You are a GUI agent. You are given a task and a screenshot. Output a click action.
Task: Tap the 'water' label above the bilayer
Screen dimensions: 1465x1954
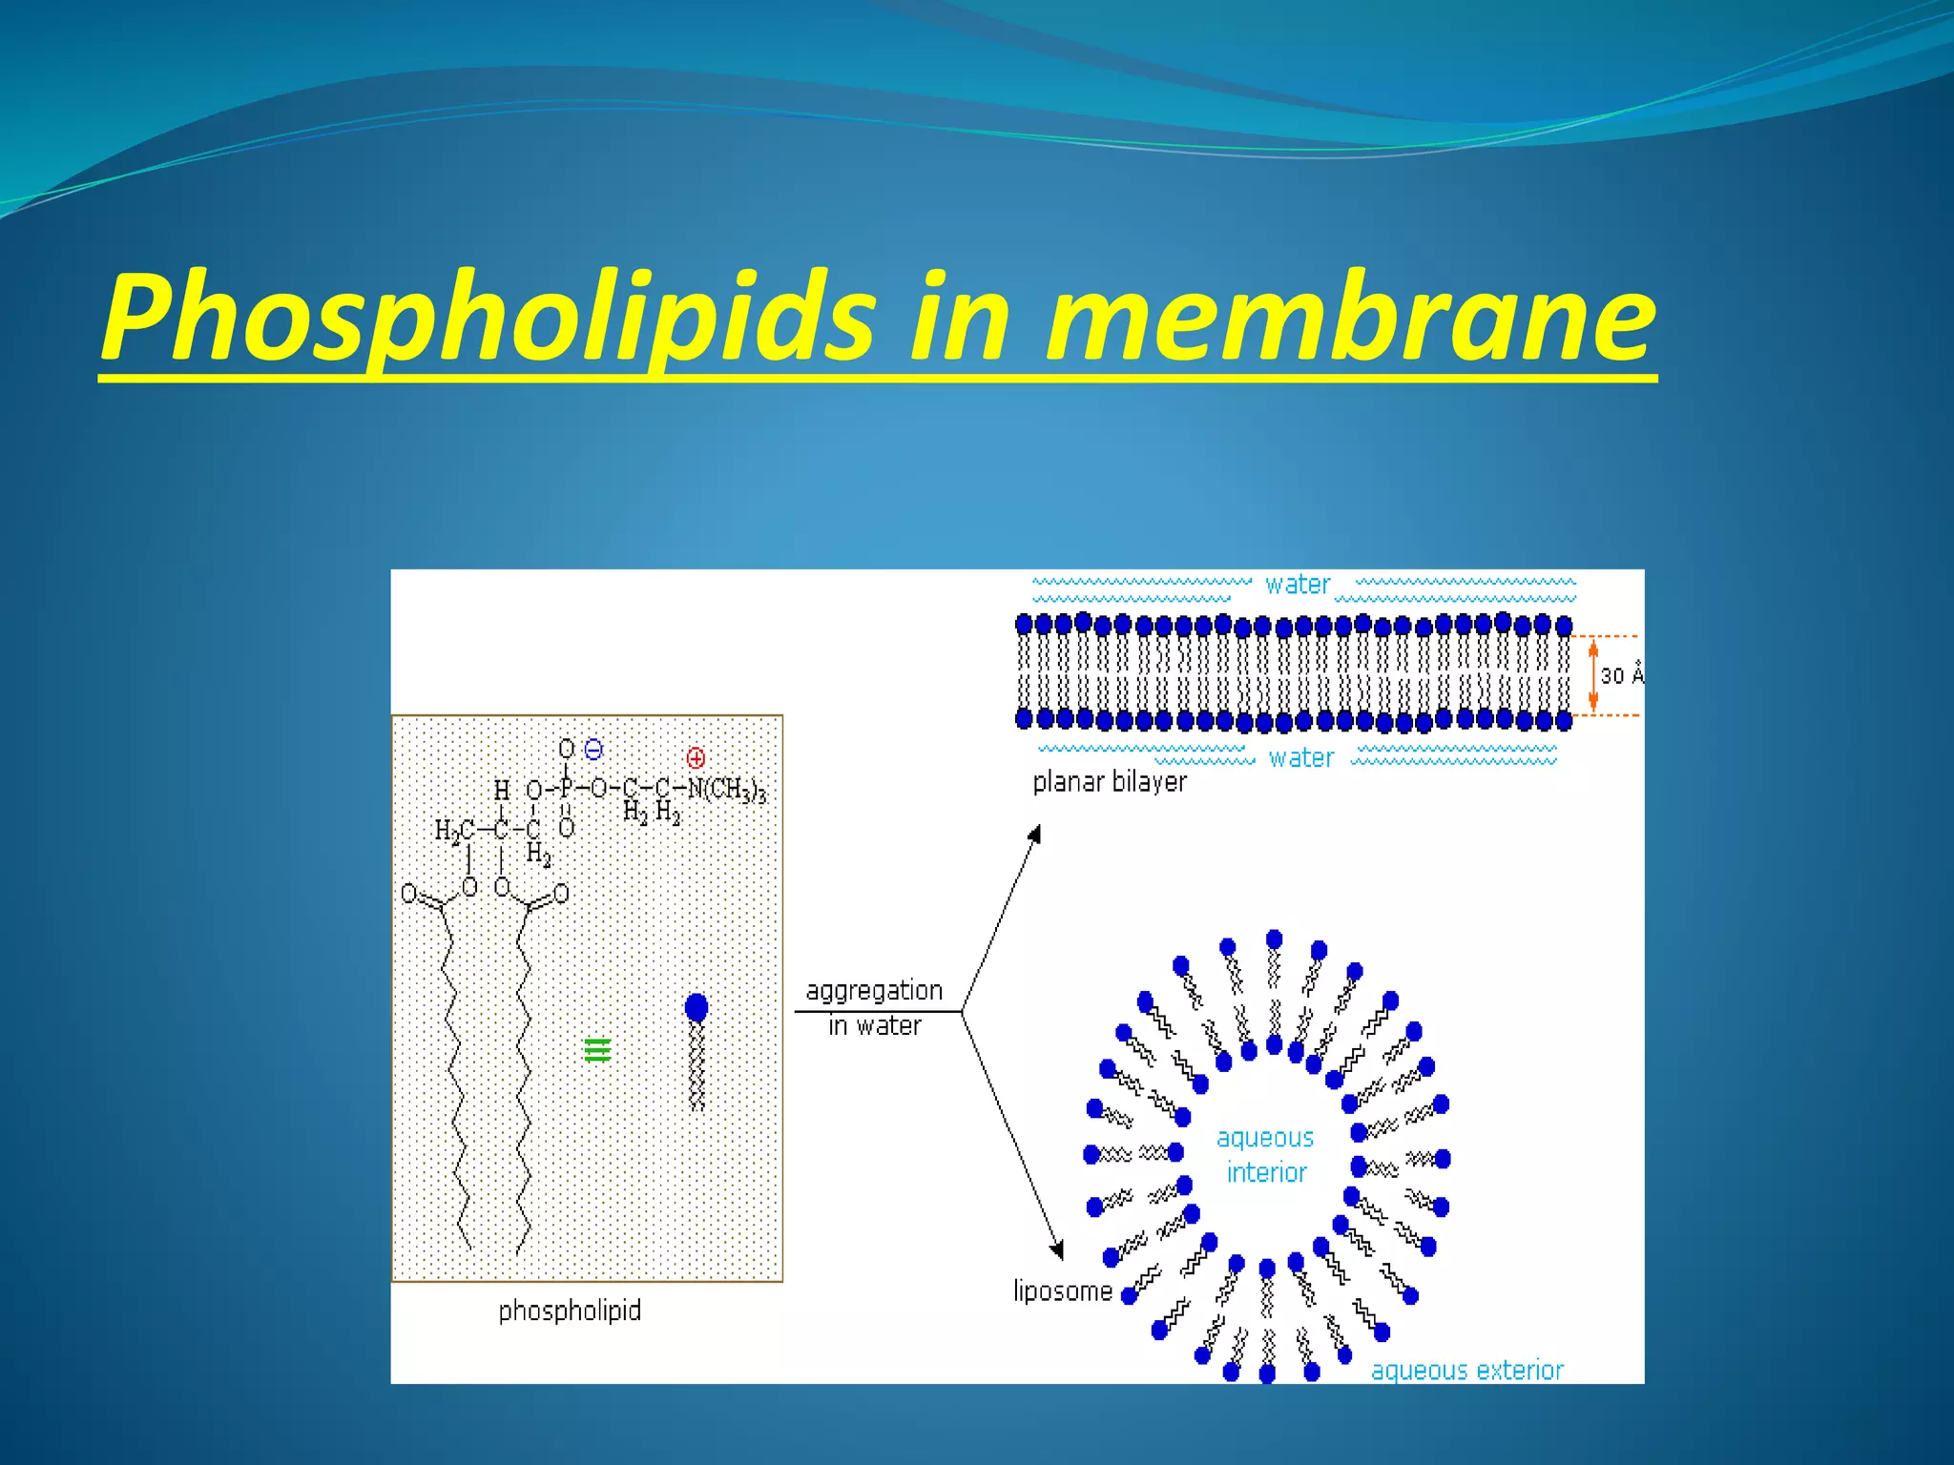pos(1298,585)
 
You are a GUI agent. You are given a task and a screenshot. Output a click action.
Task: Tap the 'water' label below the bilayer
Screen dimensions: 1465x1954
pos(1301,758)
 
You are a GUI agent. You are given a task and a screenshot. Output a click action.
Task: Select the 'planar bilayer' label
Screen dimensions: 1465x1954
pos(1110,782)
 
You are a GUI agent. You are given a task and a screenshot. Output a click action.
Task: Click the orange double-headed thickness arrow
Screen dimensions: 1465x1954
pos(1592,675)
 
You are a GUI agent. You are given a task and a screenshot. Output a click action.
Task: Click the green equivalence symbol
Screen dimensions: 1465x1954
pos(597,1050)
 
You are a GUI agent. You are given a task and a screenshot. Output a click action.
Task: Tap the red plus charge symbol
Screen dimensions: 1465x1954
pos(696,758)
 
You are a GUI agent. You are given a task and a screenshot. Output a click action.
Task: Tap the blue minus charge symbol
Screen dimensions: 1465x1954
pos(593,750)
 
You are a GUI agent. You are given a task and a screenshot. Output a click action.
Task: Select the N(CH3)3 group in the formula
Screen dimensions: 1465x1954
pos(727,790)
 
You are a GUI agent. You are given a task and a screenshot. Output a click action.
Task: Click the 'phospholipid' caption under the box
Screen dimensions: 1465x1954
pos(570,1310)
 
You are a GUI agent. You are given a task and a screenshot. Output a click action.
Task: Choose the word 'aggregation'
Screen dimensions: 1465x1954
pos(874,991)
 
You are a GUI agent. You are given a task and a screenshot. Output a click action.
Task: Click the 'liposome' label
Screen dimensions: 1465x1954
pos(1063,1291)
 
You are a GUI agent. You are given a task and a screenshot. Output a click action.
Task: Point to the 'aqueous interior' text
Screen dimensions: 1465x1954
pos(1266,1155)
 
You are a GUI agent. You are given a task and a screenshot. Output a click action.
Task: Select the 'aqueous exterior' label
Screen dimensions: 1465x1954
pos(1467,1371)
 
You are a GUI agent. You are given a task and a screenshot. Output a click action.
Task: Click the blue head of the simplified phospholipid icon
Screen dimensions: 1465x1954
pos(696,1007)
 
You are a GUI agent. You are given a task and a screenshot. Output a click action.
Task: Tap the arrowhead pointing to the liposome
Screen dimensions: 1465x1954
pos(1057,1250)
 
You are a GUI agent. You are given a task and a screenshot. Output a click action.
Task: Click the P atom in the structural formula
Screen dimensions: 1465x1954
pos(566,790)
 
